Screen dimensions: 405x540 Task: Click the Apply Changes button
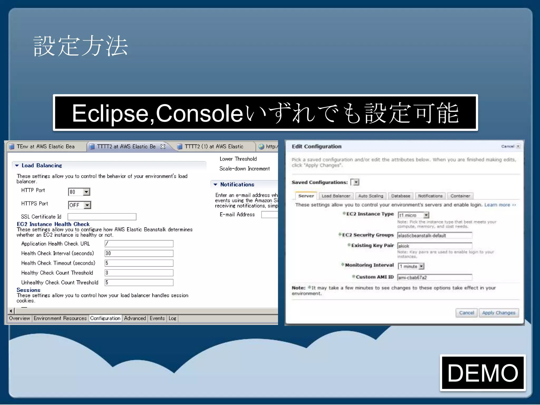point(498,313)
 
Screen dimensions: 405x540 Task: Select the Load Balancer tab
point(336,196)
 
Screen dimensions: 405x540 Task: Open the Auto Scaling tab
point(370,196)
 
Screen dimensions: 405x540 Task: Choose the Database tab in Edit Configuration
point(401,196)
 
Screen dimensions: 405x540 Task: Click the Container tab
point(460,196)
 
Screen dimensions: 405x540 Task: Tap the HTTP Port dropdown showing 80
point(79,192)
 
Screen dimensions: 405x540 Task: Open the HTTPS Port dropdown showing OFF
point(80,205)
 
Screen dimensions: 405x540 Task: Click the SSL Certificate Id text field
point(102,217)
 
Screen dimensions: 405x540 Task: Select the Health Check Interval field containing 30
point(139,253)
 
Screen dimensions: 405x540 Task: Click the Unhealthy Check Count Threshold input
point(139,283)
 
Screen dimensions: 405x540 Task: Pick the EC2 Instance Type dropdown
point(413,215)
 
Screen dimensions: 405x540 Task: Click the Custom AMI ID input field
point(435,277)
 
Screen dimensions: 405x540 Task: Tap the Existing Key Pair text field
point(435,246)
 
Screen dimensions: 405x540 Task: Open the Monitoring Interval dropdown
point(411,266)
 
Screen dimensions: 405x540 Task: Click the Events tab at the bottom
point(157,319)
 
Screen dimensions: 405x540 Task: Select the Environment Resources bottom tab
point(60,319)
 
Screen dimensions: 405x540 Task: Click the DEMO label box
point(483,373)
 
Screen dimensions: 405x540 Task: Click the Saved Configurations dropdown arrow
point(356,182)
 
